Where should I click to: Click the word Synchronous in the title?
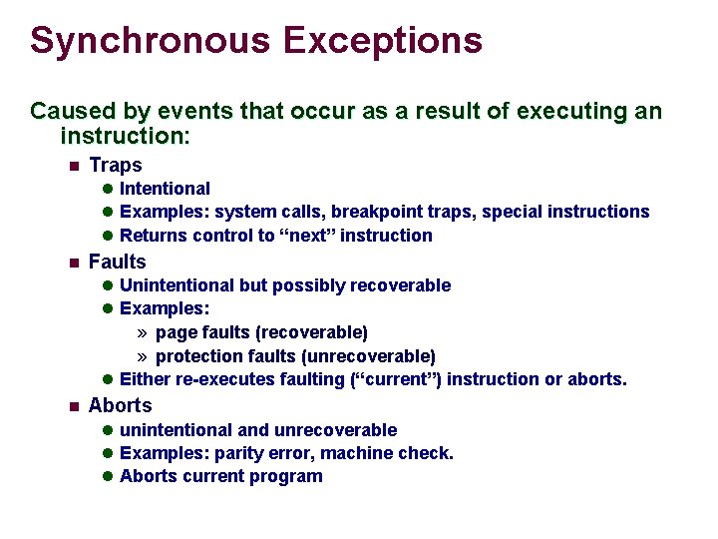[x=150, y=41]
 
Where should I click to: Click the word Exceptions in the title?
[x=382, y=41]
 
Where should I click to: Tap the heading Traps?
[x=116, y=166]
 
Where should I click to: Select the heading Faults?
[x=117, y=263]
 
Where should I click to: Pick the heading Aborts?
[x=120, y=406]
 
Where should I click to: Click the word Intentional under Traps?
[x=165, y=189]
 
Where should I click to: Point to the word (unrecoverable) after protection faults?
[x=376, y=356]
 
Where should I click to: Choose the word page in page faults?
[x=176, y=332]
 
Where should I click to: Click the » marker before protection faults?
[x=143, y=356]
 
